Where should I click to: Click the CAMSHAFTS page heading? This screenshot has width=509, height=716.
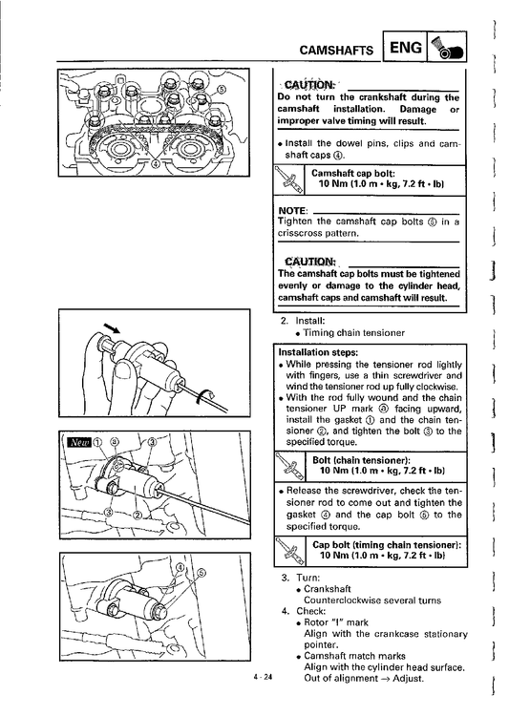pos(336,50)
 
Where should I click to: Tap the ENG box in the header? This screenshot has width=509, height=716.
pos(404,47)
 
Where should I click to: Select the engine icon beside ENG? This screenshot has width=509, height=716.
pos(446,47)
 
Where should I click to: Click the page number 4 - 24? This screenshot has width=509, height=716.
pos(263,677)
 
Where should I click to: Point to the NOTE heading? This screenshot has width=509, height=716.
pos(292,211)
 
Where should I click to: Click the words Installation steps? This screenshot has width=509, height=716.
pos(318,352)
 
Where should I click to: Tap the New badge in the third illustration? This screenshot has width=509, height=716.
pos(79,442)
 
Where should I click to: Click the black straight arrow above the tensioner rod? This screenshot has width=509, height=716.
pos(112,327)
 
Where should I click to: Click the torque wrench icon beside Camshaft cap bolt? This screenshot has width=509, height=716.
pos(288,180)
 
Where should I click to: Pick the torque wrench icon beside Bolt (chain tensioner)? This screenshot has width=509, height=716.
pos(289,466)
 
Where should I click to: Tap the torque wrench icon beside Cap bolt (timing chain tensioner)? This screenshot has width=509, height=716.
pos(289,551)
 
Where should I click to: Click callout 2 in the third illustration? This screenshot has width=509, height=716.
pos(137,516)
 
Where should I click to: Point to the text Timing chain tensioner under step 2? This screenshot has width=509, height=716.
pos(354,332)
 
